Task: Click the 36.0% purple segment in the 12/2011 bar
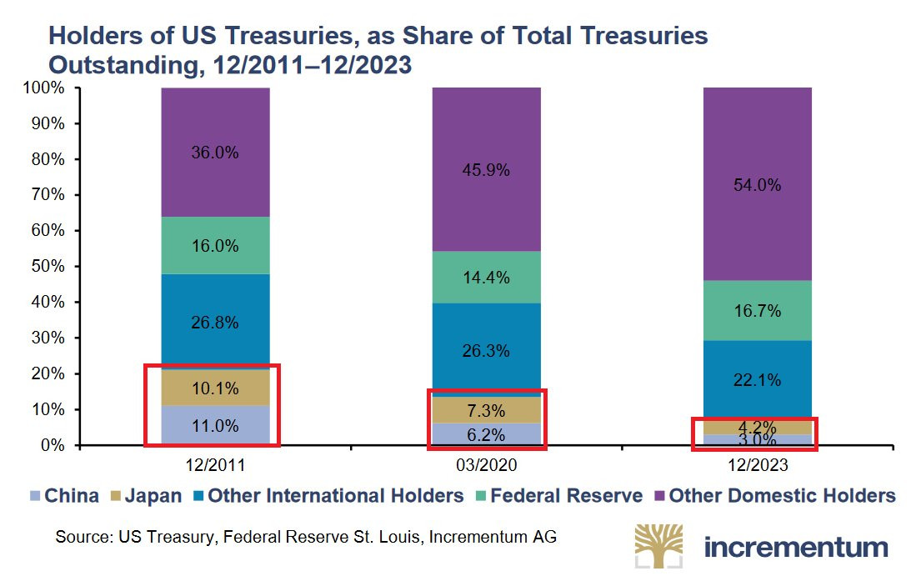[215, 153]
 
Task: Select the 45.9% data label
[486, 170]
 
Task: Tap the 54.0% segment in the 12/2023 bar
[758, 185]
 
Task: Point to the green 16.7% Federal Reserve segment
[758, 311]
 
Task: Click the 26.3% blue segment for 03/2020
[486, 350]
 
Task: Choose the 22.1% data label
[758, 380]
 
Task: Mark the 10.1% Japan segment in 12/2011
[215, 388]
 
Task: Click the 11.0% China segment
[215, 425]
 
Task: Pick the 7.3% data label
[486, 410]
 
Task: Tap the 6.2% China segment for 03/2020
[486, 434]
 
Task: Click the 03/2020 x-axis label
[486, 464]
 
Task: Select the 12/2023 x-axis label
[758, 464]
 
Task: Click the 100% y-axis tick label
[44, 88]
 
